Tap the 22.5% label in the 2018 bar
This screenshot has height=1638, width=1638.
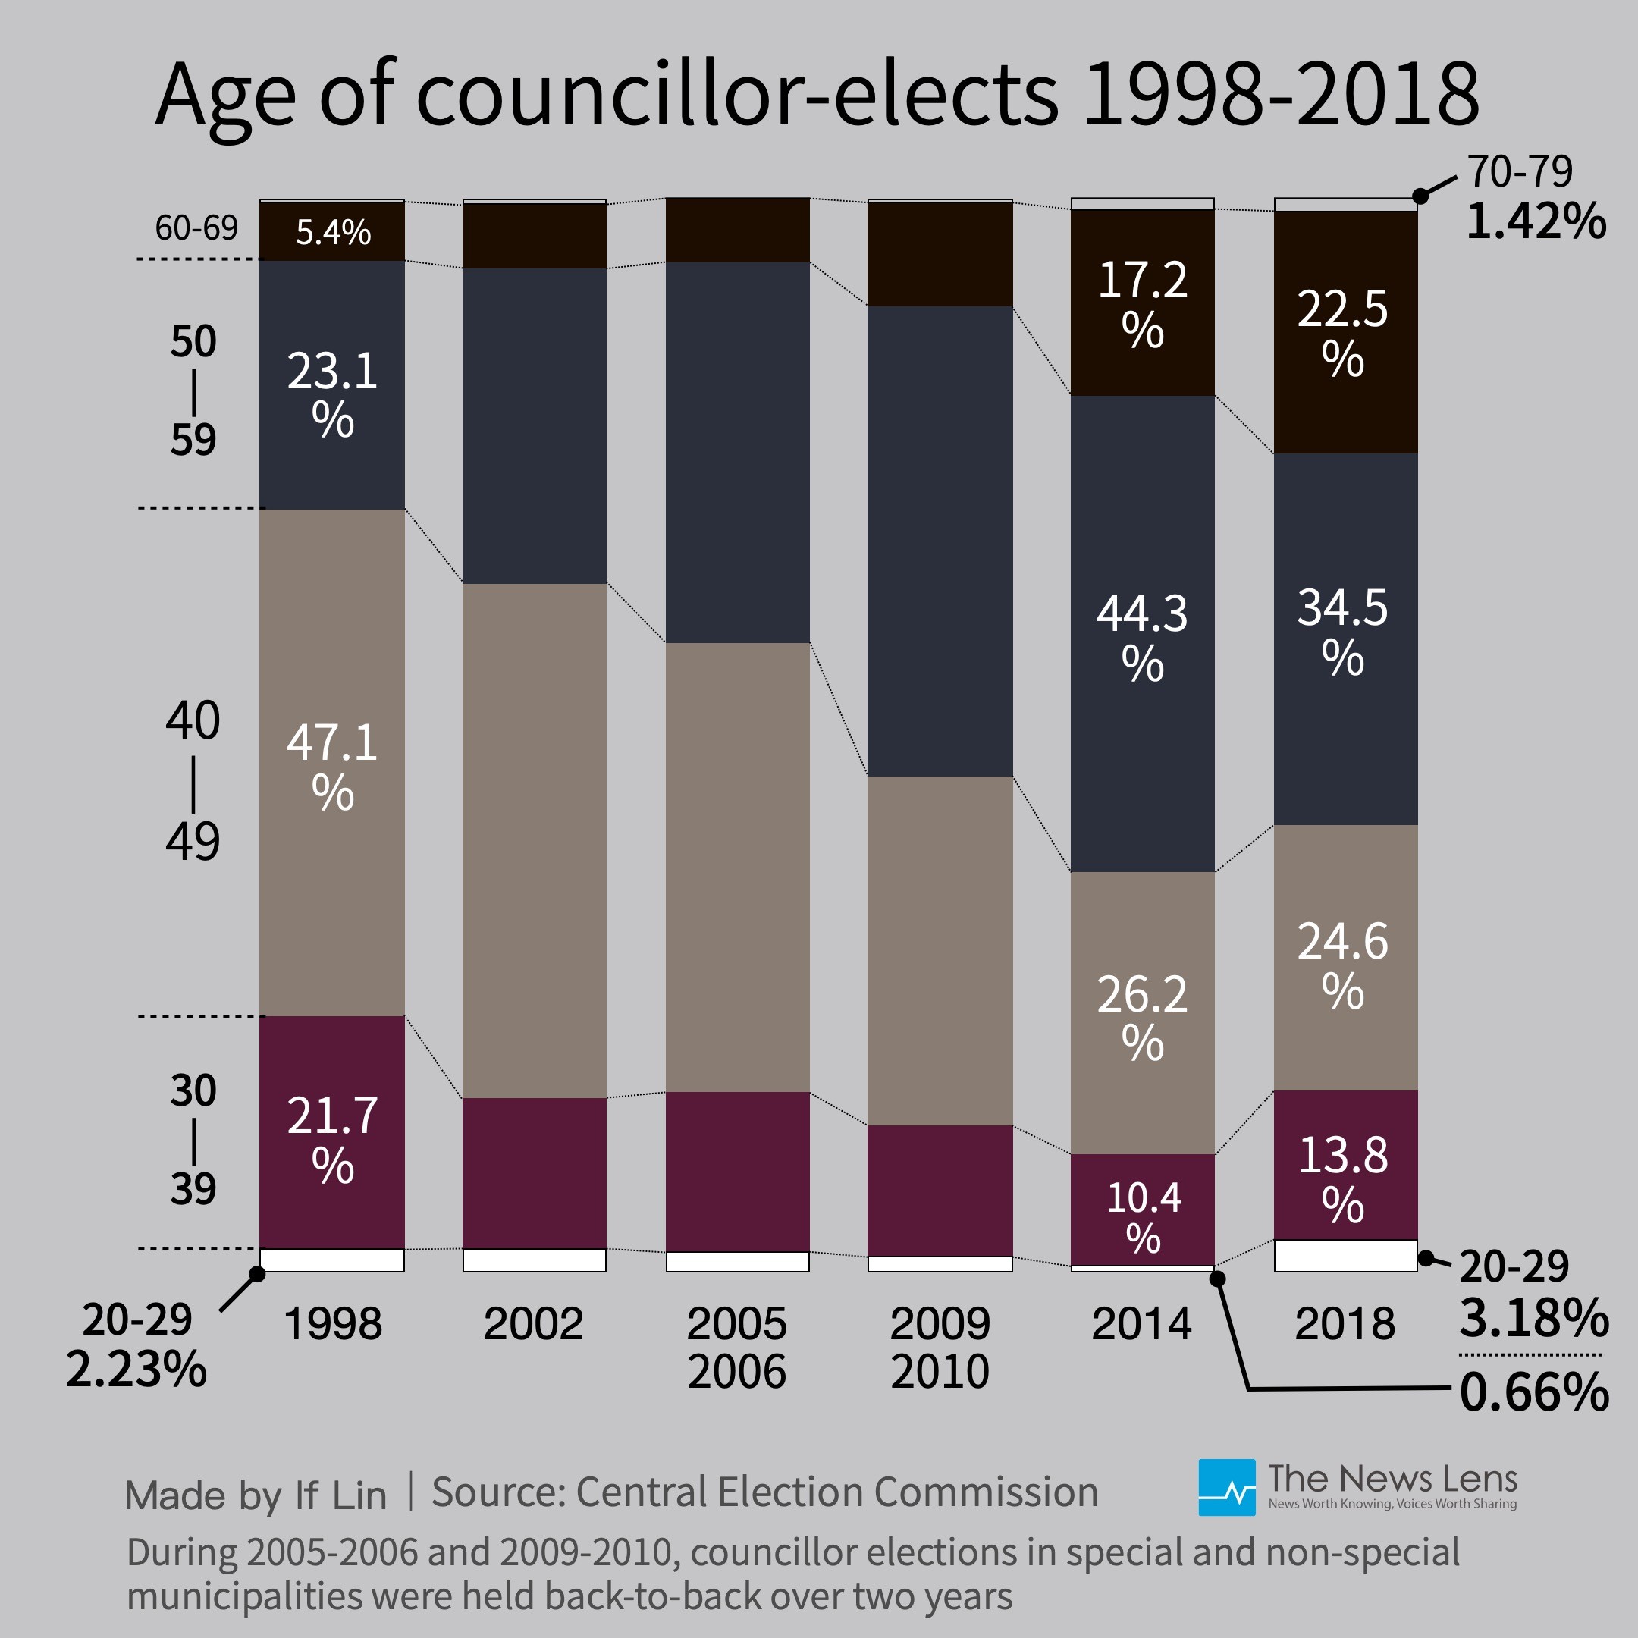(x=1342, y=331)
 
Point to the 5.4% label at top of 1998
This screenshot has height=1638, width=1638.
(x=332, y=232)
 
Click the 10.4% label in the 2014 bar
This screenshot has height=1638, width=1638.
(x=1143, y=1216)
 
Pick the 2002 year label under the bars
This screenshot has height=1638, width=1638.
(x=533, y=1323)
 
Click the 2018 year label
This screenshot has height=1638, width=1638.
(x=1345, y=1323)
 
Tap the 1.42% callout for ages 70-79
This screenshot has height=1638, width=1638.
(x=1536, y=221)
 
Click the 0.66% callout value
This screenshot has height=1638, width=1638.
(x=1533, y=1392)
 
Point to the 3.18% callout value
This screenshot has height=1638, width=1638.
(x=1533, y=1317)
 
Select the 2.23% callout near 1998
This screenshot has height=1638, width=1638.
(x=136, y=1368)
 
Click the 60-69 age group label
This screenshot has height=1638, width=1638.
(x=196, y=228)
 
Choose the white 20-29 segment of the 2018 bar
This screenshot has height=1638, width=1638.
(x=1345, y=1256)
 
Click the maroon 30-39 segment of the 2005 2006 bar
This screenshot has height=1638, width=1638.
(x=737, y=1171)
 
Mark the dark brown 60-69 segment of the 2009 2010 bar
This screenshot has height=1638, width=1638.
(x=940, y=254)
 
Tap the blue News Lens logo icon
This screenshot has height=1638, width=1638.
(x=1226, y=1487)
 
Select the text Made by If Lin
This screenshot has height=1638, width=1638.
(x=256, y=1495)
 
